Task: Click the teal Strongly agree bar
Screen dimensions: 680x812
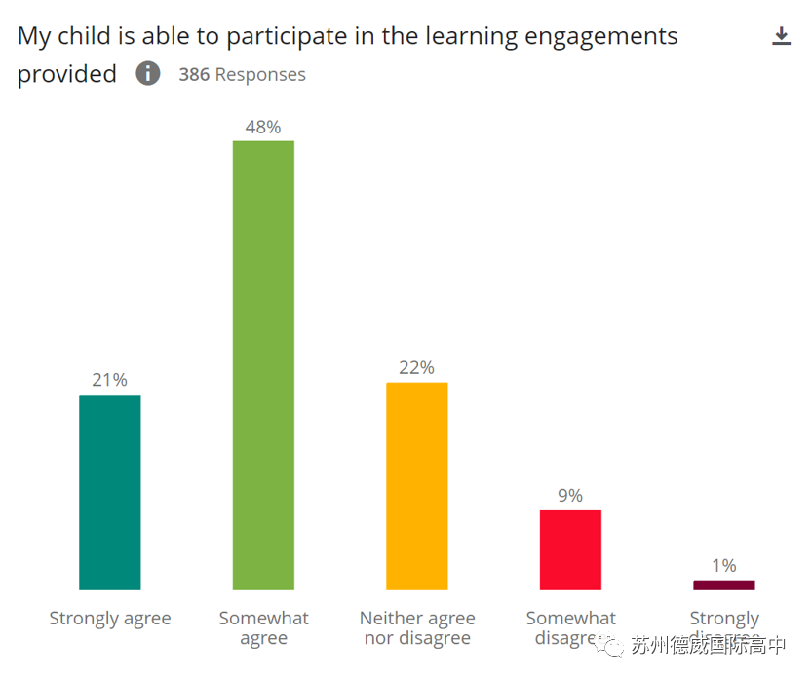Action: (109, 492)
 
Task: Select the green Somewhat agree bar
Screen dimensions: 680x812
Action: (263, 365)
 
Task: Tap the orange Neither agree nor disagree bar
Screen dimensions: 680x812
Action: (417, 486)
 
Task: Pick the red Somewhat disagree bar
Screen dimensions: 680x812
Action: (570, 549)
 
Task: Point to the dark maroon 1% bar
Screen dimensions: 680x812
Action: (724, 586)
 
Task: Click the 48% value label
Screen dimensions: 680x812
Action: (263, 127)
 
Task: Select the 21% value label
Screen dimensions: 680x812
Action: (109, 380)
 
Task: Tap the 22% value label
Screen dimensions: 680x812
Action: (417, 367)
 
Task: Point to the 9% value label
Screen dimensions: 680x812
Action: (570, 495)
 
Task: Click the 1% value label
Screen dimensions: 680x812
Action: (724, 565)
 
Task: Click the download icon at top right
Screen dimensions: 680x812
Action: (781, 37)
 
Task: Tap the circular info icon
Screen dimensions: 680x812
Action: (148, 73)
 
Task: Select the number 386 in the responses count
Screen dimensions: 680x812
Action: (194, 75)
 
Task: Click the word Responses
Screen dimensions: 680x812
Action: (260, 75)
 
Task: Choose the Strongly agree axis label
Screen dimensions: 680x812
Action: (110, 619)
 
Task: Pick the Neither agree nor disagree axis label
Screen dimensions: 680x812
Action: (417, 628)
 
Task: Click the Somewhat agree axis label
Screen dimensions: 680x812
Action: (263, 628)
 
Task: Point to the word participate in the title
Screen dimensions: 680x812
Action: (287, 38)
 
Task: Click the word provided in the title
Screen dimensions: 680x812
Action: (67, 75)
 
